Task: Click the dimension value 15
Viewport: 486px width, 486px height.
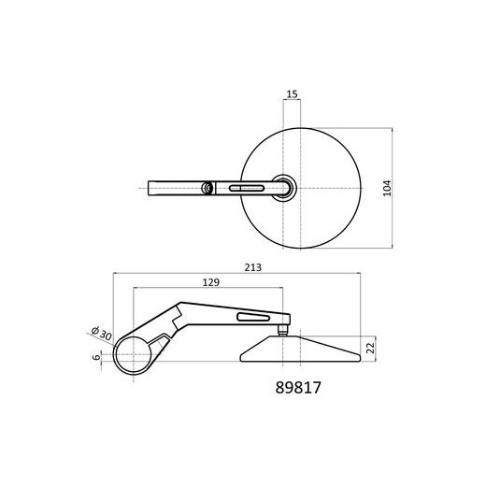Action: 292,93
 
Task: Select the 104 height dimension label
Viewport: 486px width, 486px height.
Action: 387,188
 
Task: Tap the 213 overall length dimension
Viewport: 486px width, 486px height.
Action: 252,267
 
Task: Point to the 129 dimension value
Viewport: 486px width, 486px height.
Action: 211,282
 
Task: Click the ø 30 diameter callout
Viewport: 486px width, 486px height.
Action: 101,334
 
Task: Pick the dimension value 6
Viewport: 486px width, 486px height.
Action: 97,357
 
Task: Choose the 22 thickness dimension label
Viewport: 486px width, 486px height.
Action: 370,348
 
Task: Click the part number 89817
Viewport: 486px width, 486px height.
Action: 298,388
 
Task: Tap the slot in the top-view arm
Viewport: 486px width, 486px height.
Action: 247,188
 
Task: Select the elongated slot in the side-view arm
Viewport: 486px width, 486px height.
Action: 253,317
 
